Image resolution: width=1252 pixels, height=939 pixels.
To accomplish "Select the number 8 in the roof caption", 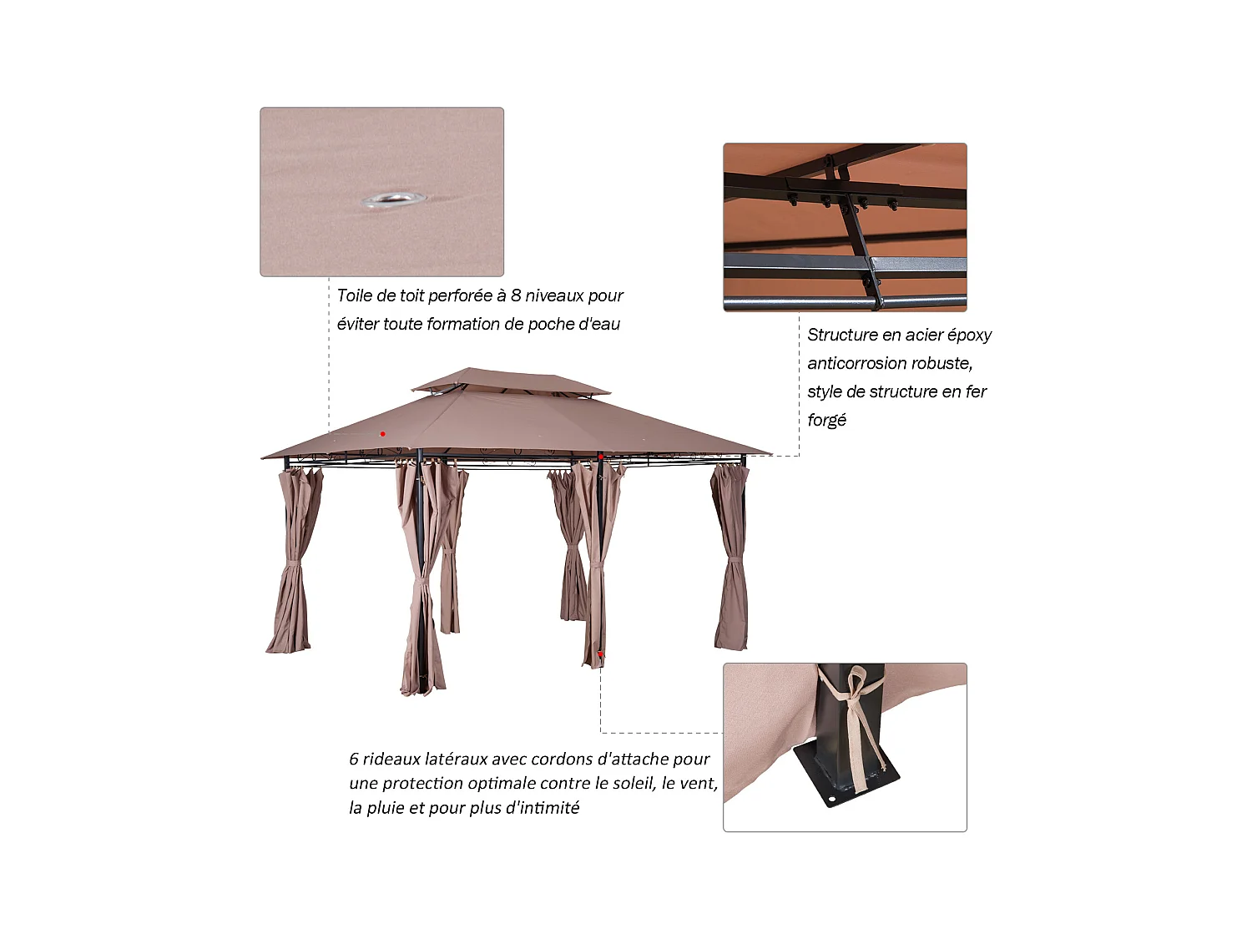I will [x=516, y=295].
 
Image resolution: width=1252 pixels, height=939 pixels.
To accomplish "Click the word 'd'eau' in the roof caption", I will [x=599, y=324].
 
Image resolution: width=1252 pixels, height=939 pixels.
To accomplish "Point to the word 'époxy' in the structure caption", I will [x=969, y=336].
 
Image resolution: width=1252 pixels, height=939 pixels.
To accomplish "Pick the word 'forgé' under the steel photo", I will [x=826, y=421].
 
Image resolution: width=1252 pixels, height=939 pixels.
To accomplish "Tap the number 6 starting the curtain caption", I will [x=354, y=760].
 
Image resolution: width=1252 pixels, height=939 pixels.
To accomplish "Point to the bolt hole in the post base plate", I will [x=831, y=802].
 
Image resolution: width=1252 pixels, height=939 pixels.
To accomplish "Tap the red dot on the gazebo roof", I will [x=382, y=434].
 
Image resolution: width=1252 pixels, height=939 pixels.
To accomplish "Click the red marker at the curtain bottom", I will [x=599, y=654].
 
